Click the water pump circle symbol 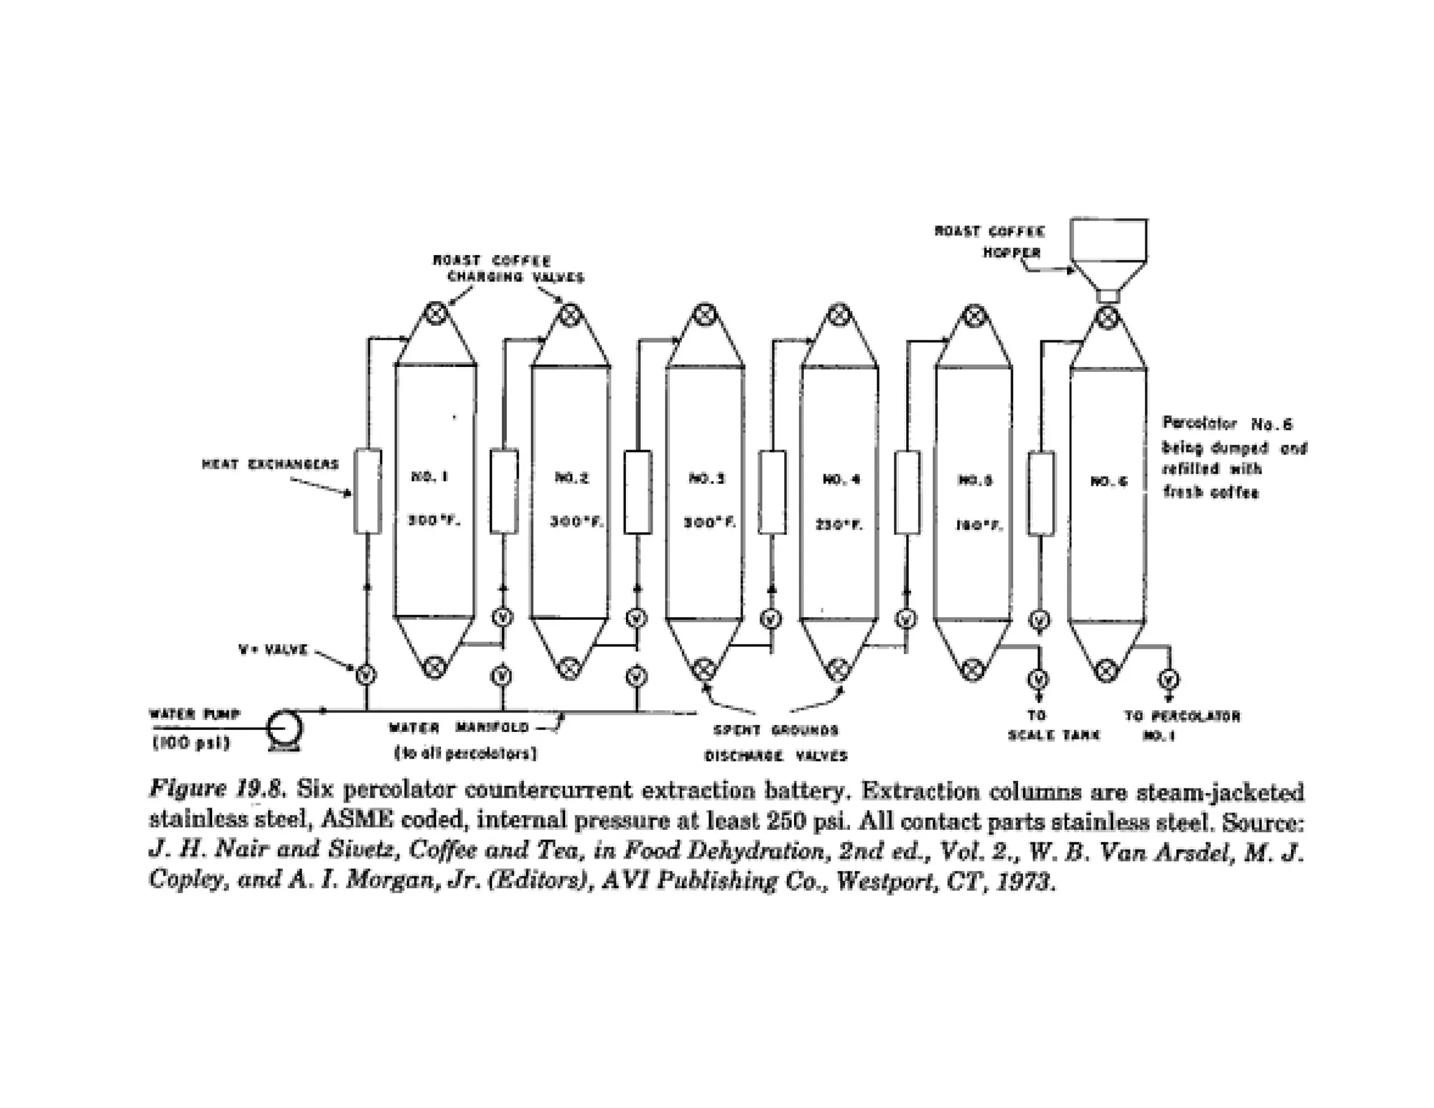click(285, 728)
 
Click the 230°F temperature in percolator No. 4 click(840, 525)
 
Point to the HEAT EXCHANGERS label click(270, 464)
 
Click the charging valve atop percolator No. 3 click(704, 314)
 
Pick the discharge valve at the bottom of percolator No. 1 click(435, 667)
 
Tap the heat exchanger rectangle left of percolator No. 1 click(368, 490)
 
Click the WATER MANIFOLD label click(459, 728)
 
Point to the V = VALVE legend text click(273, 649)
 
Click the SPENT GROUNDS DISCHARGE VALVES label click(776, 743)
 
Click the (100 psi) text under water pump click(191, 743)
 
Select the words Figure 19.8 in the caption click(217, 789)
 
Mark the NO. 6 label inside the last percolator click(1109, 482)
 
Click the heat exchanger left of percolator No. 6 click(1041, 493)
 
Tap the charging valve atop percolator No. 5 click(973, 315)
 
